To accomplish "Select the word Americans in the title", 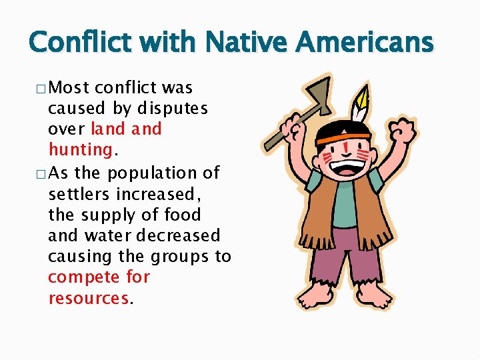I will click(x=365, y=43).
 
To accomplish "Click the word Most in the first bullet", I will click(x=70, y=87).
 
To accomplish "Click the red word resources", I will click(x=89, y=298).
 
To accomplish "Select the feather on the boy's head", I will click(x=361, y=103).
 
